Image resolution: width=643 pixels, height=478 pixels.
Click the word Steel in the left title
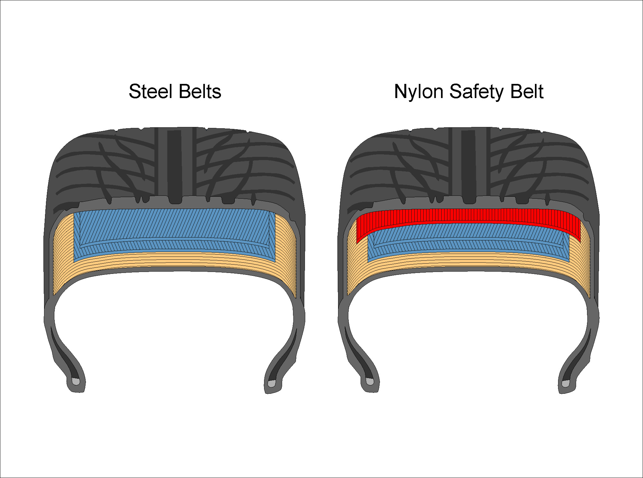point(151,92)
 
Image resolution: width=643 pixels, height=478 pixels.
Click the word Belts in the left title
point(200,92)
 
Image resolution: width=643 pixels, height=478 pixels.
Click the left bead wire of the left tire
point(76,382)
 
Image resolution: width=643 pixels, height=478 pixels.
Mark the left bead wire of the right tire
point(370,382)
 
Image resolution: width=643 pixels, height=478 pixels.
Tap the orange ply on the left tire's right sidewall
point(286,254)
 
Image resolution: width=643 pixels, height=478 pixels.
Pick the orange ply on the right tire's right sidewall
point(581,257)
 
